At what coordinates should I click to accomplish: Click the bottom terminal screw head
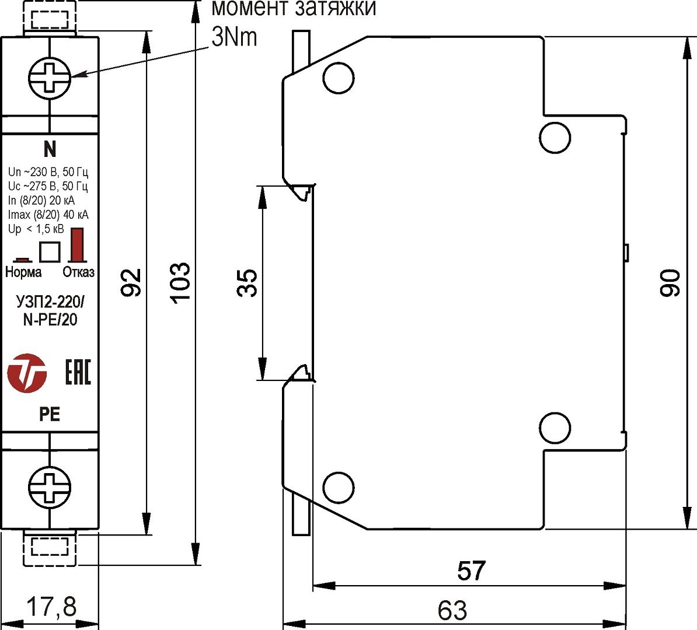tap(50, 486)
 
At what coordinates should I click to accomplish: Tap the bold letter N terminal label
tap(50, 149)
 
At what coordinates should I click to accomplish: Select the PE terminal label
tap(50, 414)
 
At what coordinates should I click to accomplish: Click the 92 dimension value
tap(134, 282)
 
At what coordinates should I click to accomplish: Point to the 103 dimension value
tap(180, 282)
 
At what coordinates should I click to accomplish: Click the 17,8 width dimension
tap(52, 607)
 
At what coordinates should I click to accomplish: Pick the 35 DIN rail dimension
tap(249, 282)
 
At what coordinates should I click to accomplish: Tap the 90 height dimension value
tap(671, 283)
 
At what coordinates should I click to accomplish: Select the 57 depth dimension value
tap(471, 571)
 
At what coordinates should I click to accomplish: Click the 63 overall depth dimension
tap(452, 610)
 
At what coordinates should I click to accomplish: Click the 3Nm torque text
tap(234, 37)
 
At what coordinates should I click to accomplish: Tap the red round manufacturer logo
tap(27, 372)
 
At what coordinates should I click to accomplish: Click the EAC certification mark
tap(77, 372)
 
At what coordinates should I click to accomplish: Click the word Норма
tap(23, 272)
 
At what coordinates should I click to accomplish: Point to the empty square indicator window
tap(50, 251)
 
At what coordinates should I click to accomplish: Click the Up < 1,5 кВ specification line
tap(36, 229)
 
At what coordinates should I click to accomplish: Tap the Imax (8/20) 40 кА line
tap(48, 215)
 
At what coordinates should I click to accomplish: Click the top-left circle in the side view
tap(339, 78)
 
